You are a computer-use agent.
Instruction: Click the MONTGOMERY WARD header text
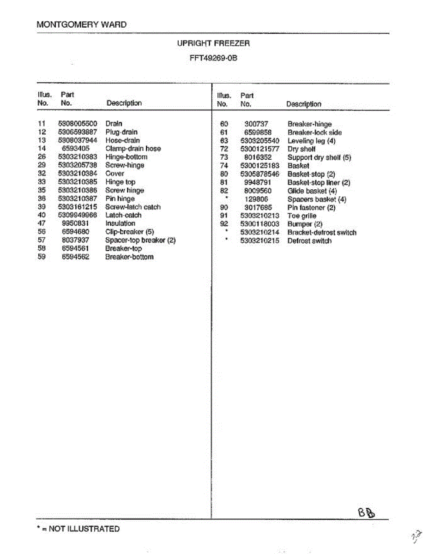pyautogui.click(x=81, y=24)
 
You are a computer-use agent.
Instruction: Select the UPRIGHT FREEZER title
pyautogui.click(x=213, y=43)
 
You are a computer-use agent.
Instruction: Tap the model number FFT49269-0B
pyautogui.click(x=213, y=59)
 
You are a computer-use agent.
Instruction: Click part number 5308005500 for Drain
pyautogui.click(x=78, y=124)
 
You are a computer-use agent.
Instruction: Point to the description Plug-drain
pyautogui.click(x=121, y=132)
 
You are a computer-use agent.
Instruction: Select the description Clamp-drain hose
pyautogui.click(x=133, y=149)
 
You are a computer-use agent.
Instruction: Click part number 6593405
pyautogui.click(x=76, y=149)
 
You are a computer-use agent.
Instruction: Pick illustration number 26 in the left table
pyautogui.click(x=42, y=157)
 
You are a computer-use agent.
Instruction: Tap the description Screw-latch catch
pyautogui.click(x=133, y=207)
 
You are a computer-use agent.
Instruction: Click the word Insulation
pyautogui.click(x=120, y=223)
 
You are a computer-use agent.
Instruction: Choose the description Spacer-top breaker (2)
pyautogui.click(x=140, y=240)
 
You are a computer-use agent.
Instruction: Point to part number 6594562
pyautogui.click(x=76, y=257)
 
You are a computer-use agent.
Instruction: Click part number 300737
pyautogui.click(x=256, y=124)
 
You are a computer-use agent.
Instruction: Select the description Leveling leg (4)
pyautogui.click(x=311, y=140)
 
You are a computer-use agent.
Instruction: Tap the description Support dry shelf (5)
pyautogui.click(x=319, y=157)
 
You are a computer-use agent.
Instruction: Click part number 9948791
pyautogui.click(x=258, y=182)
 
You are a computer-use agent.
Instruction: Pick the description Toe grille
pyautogui.click(x=302, y=216)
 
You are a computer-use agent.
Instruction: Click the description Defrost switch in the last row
pyautogui.click(x=309, y=241)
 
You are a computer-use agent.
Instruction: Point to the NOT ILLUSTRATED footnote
pyautogui.click(x=78, y=529)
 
